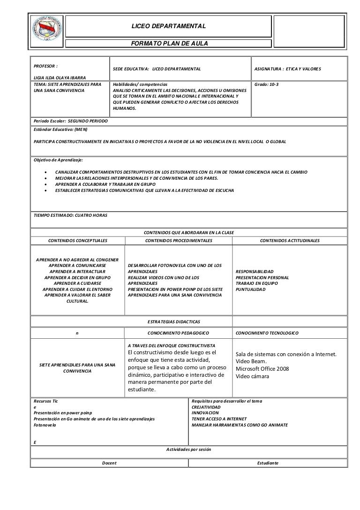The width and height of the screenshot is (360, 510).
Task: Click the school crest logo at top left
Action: pyautogui.click(x=46, y=30)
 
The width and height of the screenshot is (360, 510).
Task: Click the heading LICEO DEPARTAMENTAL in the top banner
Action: pyautogui.click(x=168, y=24)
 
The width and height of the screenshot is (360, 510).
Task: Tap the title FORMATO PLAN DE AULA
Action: pyautogui.click(x=168, y=43)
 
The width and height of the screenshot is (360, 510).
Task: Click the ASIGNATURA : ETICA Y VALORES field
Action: pyautogui.click(x=287, y=69)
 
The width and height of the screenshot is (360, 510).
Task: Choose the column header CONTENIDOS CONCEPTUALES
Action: pyautogui.click(x=78, y=240)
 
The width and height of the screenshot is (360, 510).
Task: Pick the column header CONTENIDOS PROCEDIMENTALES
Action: pyautogui.click(x=179, y=240)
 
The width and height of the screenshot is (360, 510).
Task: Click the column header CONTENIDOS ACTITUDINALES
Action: pyautogui.click(x=289, y=240)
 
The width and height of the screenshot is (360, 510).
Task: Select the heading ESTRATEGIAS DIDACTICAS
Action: pyautogui.click(x=174, y=321)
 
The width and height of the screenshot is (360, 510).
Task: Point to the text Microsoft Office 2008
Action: pyautogui.click(x=262, y=369)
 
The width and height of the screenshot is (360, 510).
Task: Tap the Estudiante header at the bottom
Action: pyautogui.click(x=268, y=463)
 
